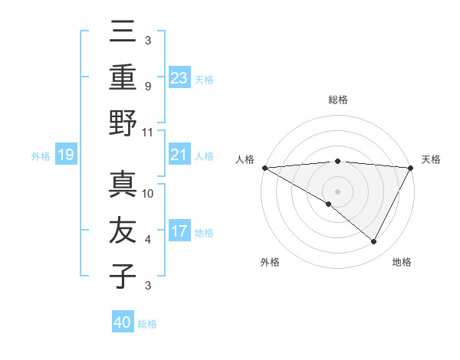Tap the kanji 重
(x=123, y=77)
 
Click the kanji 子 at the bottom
(x=123, y=276)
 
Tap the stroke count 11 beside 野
(x=148, y=132)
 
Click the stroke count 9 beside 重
(x=147, y=86)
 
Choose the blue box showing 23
(x=179, y=77)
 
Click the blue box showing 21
(x=179, y=155)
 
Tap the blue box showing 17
(x=179, y=231)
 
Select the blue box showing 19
(x=66, y=155)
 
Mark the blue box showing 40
(x=123, y=322)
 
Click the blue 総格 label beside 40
(x=148, y=324)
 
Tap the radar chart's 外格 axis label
(x=269, y=263)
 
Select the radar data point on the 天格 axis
(x=411, y=168)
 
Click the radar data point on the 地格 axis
(x=374, y=242)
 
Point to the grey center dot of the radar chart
(x=337, y=190)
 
